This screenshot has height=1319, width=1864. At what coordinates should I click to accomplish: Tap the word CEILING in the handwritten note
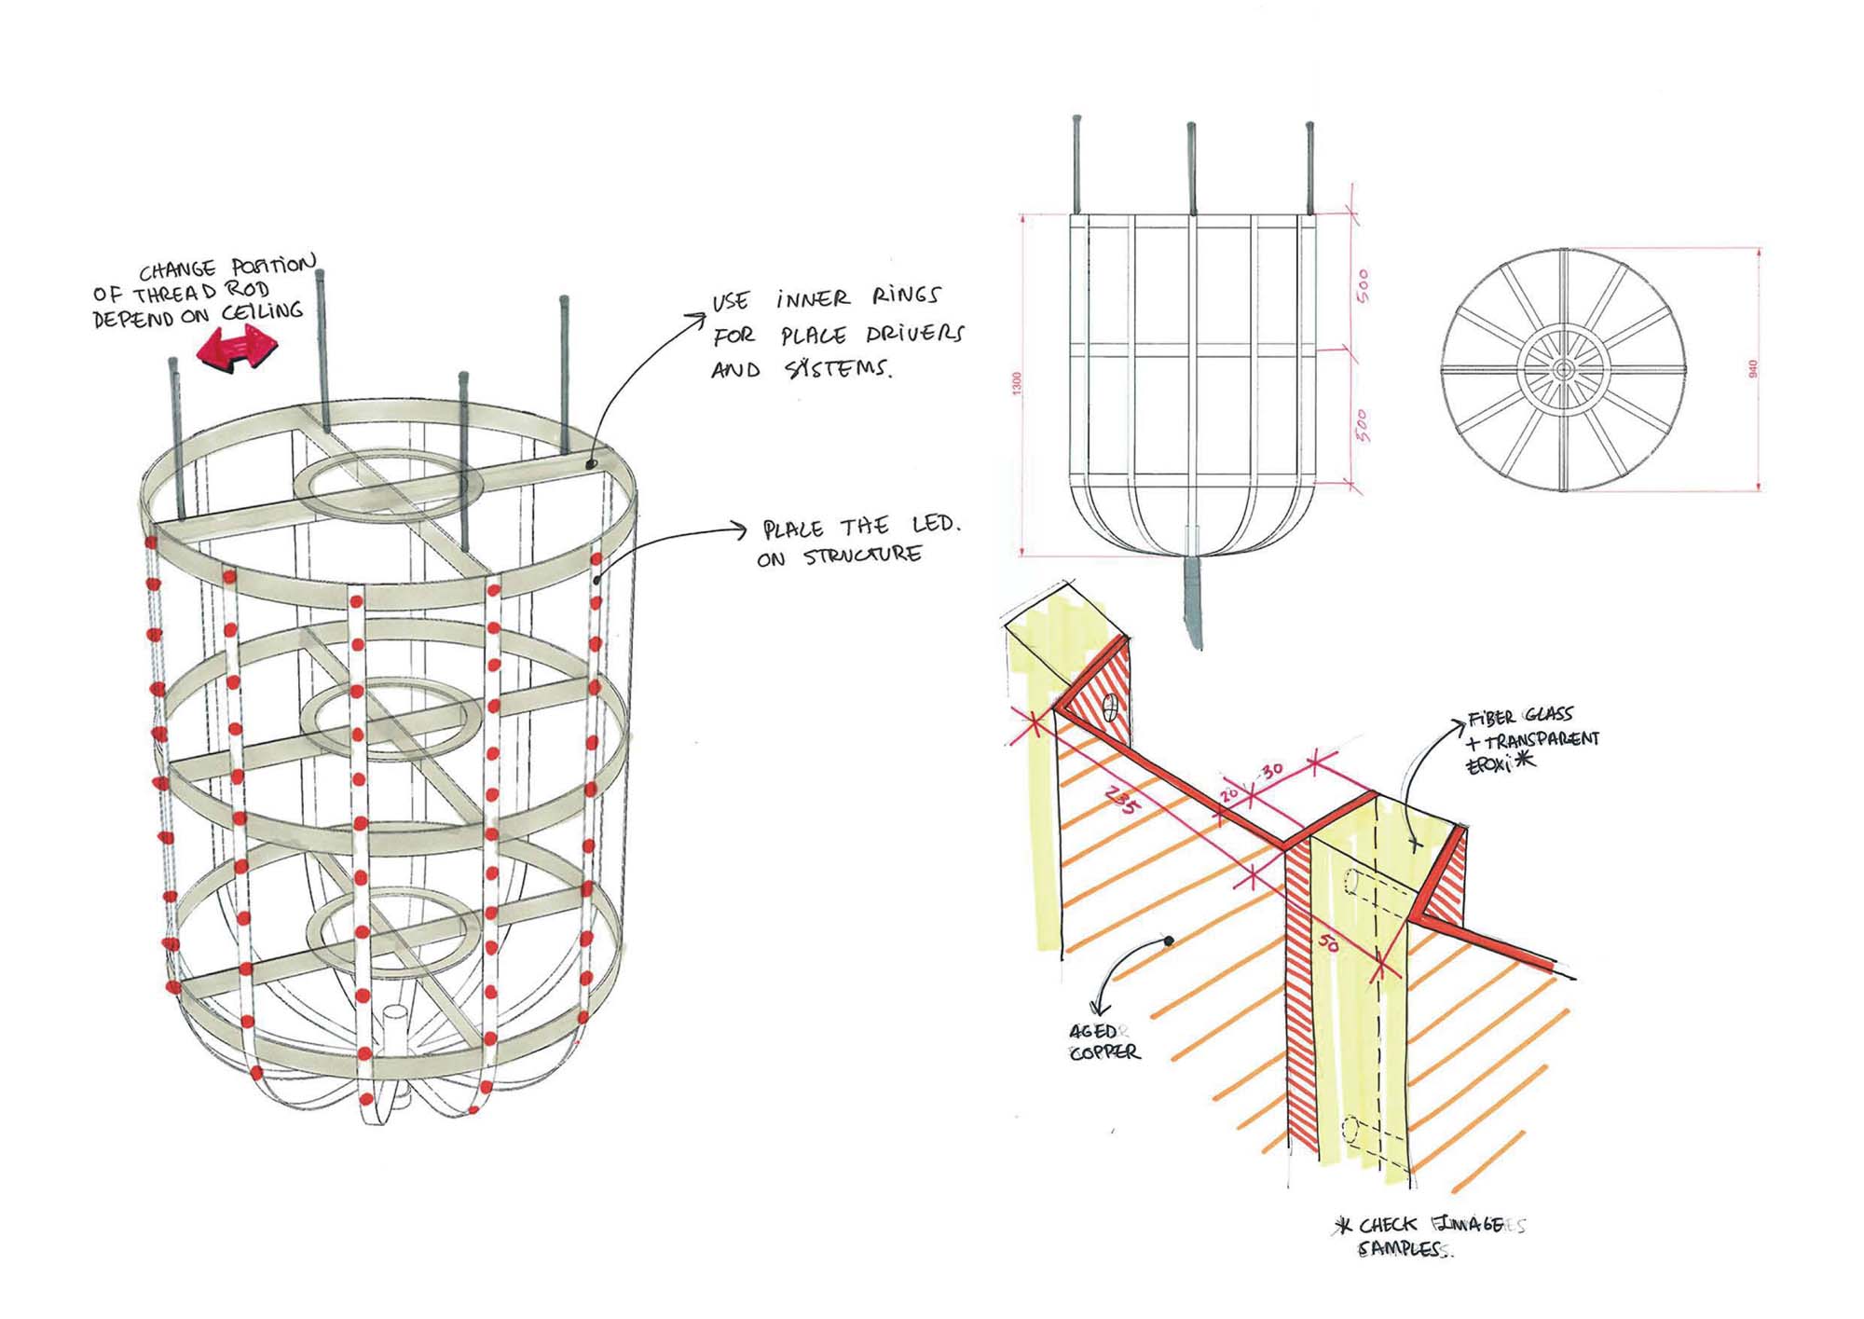[263, 311]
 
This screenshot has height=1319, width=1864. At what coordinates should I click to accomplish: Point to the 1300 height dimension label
[1017, 383]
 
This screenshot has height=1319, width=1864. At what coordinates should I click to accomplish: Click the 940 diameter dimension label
[1752, 369]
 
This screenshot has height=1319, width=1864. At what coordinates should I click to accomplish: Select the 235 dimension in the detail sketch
[1121, 800]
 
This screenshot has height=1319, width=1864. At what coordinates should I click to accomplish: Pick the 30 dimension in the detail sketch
[1273, 771]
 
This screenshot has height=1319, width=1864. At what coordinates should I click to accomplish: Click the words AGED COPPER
[1103, 1042]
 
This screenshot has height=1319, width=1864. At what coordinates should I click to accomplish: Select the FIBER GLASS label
[1520, 717]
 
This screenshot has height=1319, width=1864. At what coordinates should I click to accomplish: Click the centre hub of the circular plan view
[1563, 369]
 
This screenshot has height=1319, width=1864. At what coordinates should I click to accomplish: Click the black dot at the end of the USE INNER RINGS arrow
[591, 462]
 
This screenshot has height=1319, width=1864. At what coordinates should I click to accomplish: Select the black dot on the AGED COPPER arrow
[1169, 941]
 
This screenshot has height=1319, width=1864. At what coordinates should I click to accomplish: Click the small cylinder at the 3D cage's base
[395, 1022]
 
